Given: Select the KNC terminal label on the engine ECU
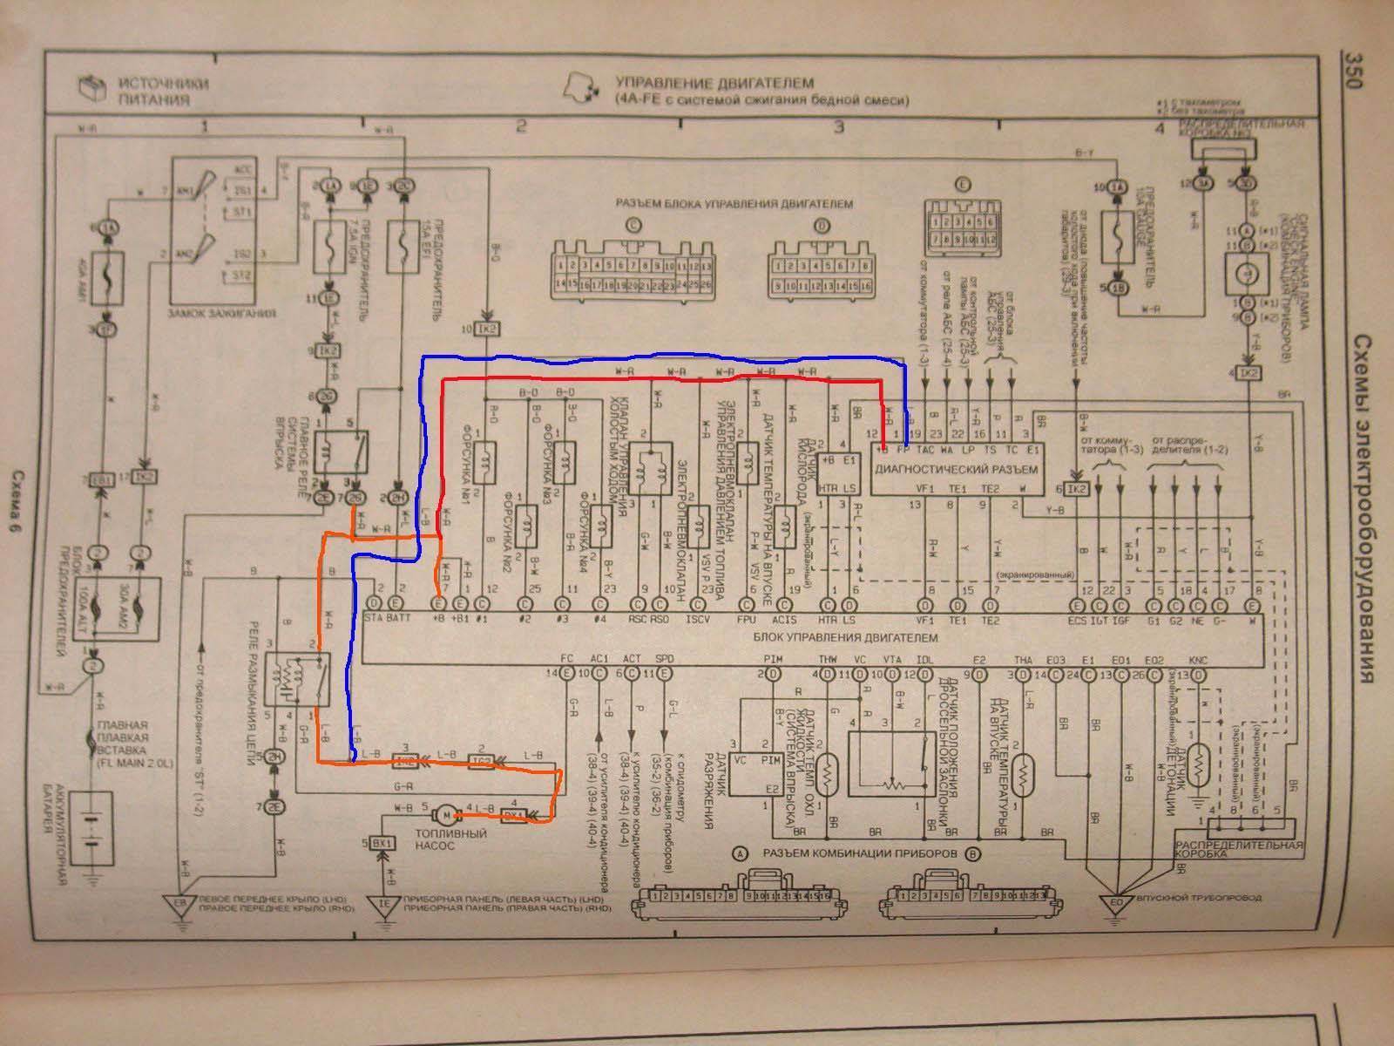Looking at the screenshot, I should click(x=1198, y=661).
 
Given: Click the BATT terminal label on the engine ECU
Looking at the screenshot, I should click(x=398, y=621).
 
